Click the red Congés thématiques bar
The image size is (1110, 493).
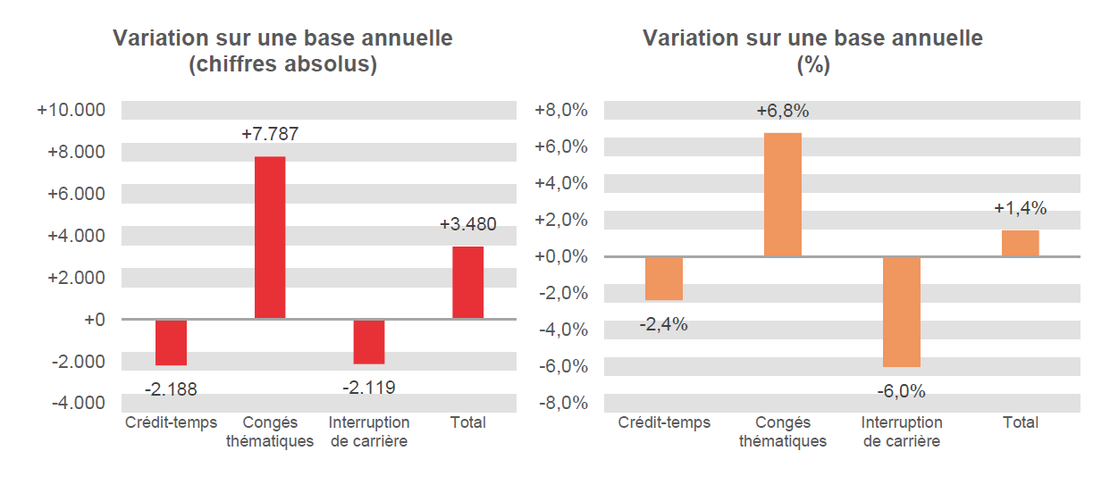tap(270, 238)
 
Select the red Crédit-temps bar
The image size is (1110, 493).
tap(171, 342)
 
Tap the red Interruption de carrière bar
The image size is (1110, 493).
tap(368, 341)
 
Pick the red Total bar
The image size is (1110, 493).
tap(467, 282)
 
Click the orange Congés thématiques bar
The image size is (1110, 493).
tap(782, 195)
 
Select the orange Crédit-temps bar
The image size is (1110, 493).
tap(663, 279)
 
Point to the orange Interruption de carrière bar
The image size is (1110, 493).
tap(901, 312)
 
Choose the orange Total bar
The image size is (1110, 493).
tap(1020, 243)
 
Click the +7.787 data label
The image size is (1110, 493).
tap(270, 135)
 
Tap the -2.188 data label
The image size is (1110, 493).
tap(171, 389)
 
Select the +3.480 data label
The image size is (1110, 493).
tap(467, 224)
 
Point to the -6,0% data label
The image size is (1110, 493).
tap(901, 391)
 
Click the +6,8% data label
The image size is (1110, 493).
tap(782, 112)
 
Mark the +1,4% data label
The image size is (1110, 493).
tap(1020, 208)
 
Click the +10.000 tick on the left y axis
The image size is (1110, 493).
tap(71, 111)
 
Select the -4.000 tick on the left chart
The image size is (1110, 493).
tap(79, 403)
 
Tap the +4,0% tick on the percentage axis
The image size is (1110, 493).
tap(561, 184)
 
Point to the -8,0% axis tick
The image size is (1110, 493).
tap(562, 403)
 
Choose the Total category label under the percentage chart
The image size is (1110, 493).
tap(1020, 422)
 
